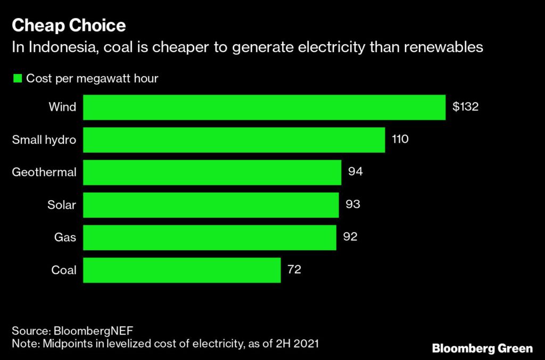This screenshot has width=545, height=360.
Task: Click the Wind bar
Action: [x=264, y=107]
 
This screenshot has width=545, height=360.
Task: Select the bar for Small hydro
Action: [x=234, y=140]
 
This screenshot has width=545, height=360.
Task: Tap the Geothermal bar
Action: [x=212, y=173]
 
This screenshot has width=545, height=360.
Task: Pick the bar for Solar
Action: [x=211, y=205]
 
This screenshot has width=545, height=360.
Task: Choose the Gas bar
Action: [x=210, y=238]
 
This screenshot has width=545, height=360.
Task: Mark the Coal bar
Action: [x=182, y=270]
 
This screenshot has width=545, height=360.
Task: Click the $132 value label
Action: [x=466, y=107]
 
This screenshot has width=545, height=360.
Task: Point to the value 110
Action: [x=400, y=140]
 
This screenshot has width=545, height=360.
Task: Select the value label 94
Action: [x=355, y=173]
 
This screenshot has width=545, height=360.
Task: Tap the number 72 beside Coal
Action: [x=294, y=270]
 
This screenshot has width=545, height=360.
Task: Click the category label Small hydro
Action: [x=44, y=140]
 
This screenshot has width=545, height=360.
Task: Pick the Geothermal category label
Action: [x=44, y=173]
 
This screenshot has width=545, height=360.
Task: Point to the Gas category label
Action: [x=65, y=238]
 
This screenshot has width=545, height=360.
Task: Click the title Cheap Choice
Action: [x=69, y=26]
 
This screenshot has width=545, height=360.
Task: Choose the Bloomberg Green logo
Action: [x=482, y=349]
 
